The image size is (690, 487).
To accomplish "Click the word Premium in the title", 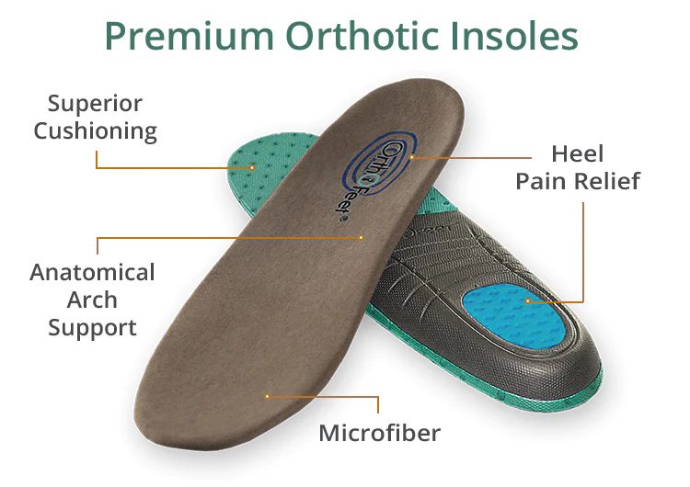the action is tap(190, 37).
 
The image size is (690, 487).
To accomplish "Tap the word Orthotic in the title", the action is tap(362, 35).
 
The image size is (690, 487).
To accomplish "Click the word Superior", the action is tap(95, 105).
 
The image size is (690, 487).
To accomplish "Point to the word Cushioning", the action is tap(96, 131).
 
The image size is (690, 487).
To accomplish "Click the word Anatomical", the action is tap(92, 273).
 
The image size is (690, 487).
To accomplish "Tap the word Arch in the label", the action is tap(92, 300).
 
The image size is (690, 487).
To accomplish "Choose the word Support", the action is tap(92, 328).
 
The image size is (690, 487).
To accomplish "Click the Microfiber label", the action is tap(379, 434).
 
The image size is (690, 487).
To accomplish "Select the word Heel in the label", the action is tap(578, 153).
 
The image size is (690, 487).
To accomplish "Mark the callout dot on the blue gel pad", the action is tap(528, 301).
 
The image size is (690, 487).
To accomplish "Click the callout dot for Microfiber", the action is tap(267, 396).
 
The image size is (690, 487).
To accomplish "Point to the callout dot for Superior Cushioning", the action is tap(253, 167).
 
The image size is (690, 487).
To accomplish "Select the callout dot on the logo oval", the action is tap(412, 157).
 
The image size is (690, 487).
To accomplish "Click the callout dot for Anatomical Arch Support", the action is tap(362, 238).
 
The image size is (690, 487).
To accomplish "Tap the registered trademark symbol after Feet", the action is tap(343, 220).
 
